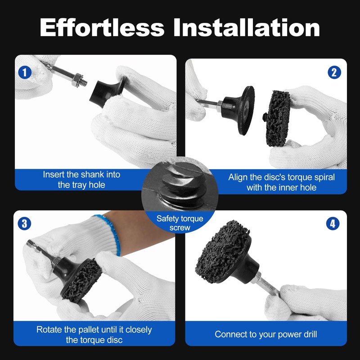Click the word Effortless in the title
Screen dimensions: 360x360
click(x=102, y=27)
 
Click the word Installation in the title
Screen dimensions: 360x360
click(x=247, y=27)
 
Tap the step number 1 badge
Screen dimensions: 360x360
click(x=25, y=72)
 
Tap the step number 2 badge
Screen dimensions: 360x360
click(x=334, y=72)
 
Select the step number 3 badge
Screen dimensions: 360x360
click(x=24, y=224)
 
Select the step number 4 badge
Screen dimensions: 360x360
click(x=333, y=224)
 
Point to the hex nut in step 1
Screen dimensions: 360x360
click(x=77, y=80)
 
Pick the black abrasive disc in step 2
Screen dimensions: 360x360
click(x=277, y=118)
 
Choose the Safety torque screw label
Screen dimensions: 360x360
click(x=180, y=223)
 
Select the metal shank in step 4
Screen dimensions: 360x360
click(x=266, y=283)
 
